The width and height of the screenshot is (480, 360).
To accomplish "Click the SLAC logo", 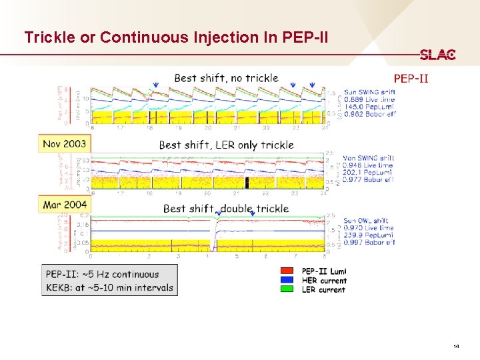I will tap(437, 55).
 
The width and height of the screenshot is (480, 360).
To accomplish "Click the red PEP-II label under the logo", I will tap(411, 79).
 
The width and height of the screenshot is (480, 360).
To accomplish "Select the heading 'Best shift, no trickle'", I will tap(226, 78).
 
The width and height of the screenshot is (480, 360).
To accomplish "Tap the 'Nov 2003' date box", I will tap(65, 143).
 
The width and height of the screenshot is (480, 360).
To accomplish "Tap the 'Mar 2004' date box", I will tap(65, 205).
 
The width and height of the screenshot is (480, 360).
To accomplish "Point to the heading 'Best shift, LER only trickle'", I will tap(226, 145).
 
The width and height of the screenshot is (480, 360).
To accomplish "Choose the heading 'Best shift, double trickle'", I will tap(226, 208).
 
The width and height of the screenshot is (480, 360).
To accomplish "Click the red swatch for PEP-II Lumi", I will tap(287, 271).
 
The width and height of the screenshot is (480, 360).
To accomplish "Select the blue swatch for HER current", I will tap(287, 281).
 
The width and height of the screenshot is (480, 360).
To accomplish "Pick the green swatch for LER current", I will tap(287, 289).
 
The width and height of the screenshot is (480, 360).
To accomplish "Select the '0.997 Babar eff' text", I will tap(369, 242).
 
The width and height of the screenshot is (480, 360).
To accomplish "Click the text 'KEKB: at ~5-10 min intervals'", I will tap(109, 288).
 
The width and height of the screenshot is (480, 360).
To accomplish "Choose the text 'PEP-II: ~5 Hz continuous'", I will tap(102, 274).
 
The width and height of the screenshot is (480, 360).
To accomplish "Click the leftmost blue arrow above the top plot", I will tap(155, 85).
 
